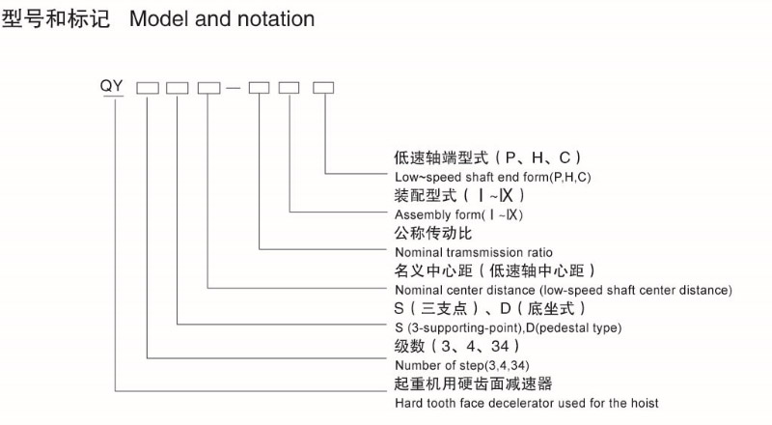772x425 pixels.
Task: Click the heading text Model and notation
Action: coord(222,18)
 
